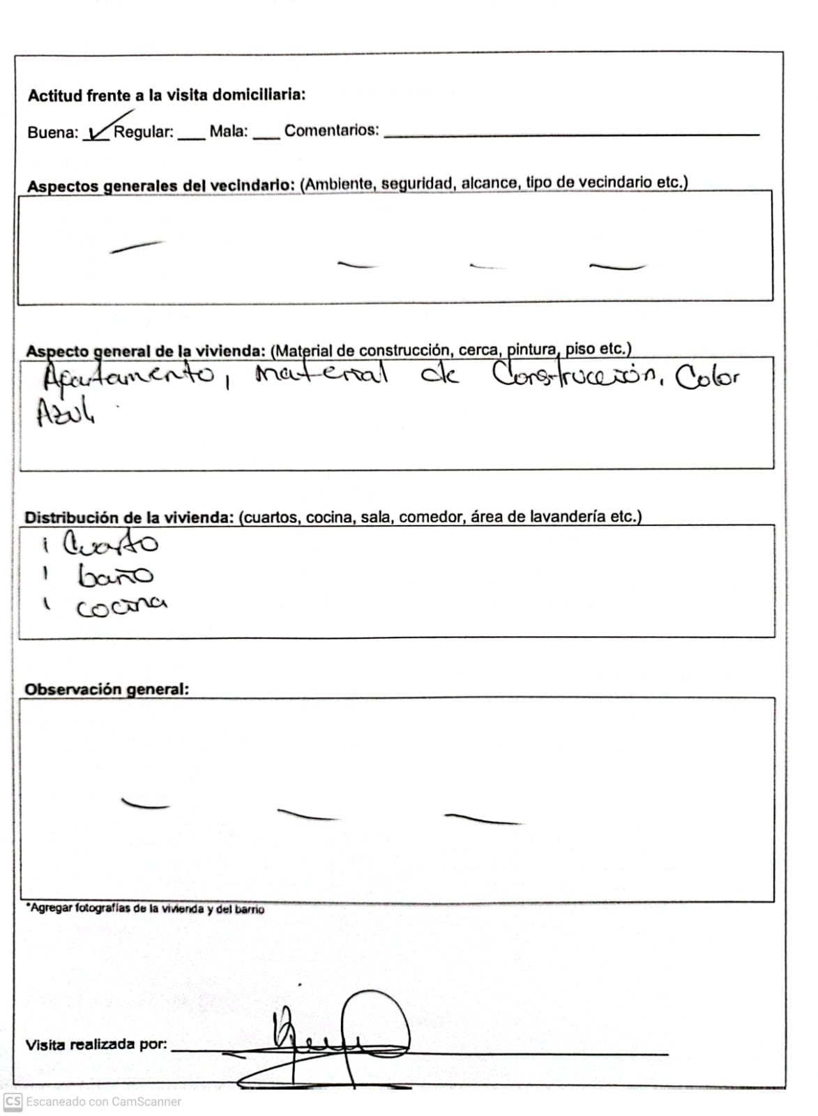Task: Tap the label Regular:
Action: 144,132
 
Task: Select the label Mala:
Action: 229,131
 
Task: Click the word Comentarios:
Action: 332,130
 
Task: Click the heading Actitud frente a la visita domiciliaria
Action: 167,96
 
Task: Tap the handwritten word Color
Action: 706,378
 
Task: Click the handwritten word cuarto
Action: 110,543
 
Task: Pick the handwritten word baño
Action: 115,576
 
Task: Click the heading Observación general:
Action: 107,689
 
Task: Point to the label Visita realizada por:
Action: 96,1045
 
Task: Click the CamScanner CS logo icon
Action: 13,1102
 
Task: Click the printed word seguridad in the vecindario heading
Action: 417,183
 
